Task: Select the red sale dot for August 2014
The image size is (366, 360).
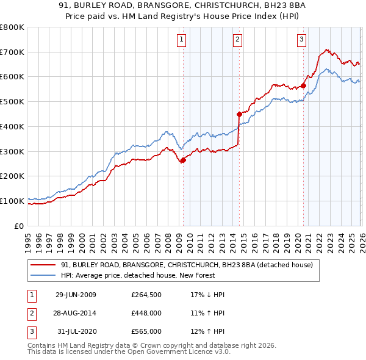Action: click(x=239, y=113)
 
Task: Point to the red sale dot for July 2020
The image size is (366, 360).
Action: click(x=303, y=85)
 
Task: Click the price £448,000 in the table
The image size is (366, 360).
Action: click(x=146, y=313)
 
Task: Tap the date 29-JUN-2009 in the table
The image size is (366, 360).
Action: click(x=76, y=295)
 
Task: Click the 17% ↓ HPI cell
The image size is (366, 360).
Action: click(x=207, y=295)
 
